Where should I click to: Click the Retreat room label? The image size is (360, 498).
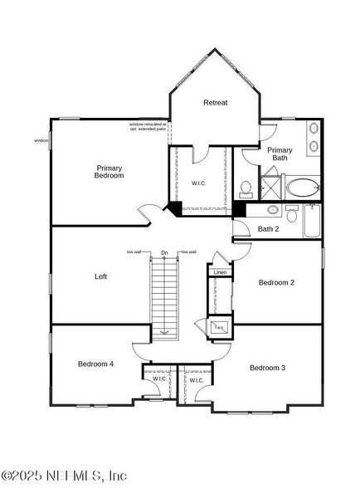(x=216, y=103)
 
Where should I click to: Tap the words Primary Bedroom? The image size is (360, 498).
(x=109, y=172)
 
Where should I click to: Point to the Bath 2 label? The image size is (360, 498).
(x=268, y=229)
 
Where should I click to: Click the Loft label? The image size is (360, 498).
(x=101, y=276)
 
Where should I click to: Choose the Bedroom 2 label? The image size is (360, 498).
(x=276, y=282)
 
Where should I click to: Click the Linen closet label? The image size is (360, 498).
(x=220, y=272)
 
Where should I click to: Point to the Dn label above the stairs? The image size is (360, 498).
(x=164, y=252)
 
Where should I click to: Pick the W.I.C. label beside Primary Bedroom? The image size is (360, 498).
(x=199, y=183)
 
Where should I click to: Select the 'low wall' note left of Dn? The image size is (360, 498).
(x=135, y=251)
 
